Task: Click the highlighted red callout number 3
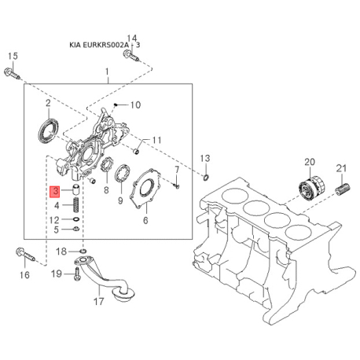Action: point(55,191)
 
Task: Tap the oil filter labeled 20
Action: point(312,189)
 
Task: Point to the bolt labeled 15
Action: point(12,73)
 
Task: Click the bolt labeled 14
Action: point(130,56)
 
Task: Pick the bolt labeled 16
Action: point(25,254)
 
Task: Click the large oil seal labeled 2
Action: point(49,130)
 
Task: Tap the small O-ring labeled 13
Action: point(206,178)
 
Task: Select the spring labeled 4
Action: point(76,205)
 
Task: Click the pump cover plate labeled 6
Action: point(145,188)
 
